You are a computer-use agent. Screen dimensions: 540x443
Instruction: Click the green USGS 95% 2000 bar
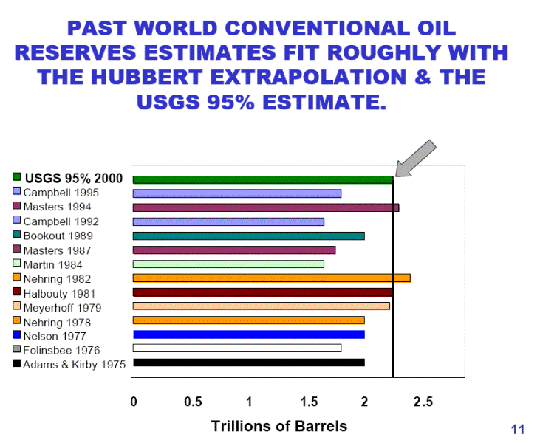pos(263,179)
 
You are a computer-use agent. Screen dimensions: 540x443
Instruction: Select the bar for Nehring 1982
pos(272,278)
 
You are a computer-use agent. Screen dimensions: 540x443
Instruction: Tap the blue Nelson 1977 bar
pos(249,334)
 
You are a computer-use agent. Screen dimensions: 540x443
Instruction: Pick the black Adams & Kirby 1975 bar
pos(249,363)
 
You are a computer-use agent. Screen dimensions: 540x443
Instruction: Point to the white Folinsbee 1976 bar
pos(237,348)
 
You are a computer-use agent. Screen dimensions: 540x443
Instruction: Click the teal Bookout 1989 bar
pos(249,236)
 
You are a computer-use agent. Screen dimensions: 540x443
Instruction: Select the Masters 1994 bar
pos(266,207)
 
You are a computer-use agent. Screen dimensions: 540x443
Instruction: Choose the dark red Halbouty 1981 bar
pos(263,292)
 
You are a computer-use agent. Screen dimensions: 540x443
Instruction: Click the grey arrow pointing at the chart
pos(416,158)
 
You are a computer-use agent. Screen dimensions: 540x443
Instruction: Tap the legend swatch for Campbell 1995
pos(16,191)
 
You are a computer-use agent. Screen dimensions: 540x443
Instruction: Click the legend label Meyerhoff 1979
pos(62,308)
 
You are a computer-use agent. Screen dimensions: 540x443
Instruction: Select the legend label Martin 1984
pos(52,265)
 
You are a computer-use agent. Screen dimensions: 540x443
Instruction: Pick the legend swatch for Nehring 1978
pos(16,320)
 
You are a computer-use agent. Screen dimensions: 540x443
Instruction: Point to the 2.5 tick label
pos(423,402)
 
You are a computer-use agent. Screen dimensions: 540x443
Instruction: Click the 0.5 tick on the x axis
pos(193,402)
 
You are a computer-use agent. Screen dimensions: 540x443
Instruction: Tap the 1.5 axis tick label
pos(309,402)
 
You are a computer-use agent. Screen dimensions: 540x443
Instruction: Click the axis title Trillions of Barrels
pos(279,426)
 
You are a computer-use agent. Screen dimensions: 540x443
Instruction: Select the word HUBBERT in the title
pos(147,77)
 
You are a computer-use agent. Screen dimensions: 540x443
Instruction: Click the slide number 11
pos(518,430)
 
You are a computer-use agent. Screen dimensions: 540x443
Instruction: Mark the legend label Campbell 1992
pos(61,221)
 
